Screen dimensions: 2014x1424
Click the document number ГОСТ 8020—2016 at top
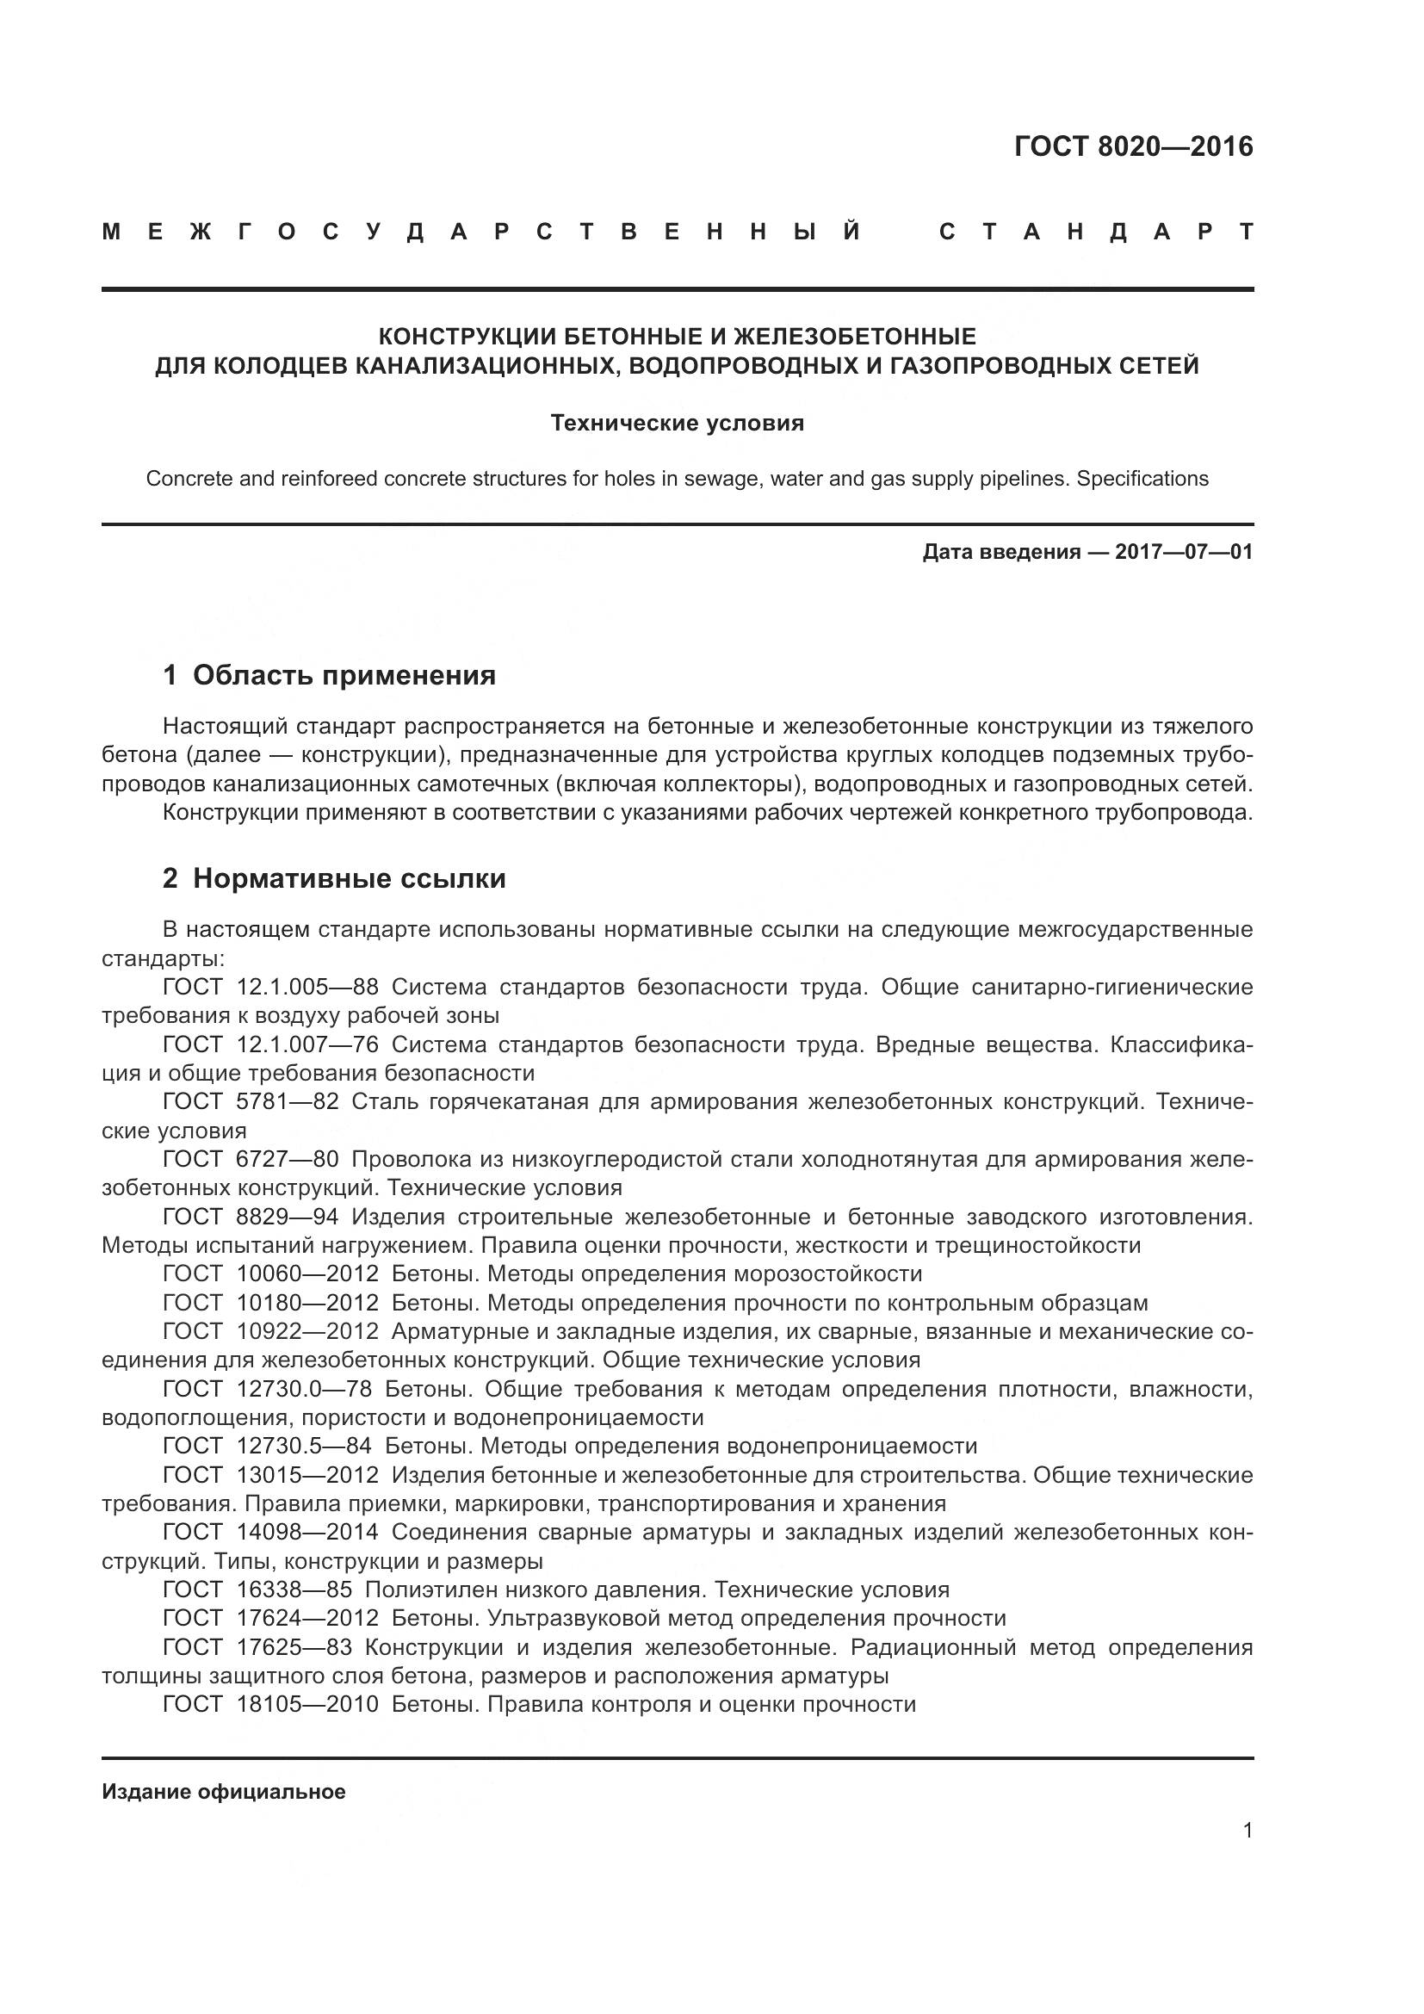[x=1133, y=146]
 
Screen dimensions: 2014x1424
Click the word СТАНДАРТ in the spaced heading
[x=1095, y=232]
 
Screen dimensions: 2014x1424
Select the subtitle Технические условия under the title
[x=677, y=424]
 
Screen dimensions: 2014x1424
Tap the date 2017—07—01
[x=1184, y=552]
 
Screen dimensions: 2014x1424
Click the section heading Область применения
[x=344, y=674]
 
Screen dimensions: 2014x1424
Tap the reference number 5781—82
[x=288, y=1101]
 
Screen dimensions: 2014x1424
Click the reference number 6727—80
[x=288, y=1159]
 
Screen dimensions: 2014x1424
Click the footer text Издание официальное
[x=224, y=1792]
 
